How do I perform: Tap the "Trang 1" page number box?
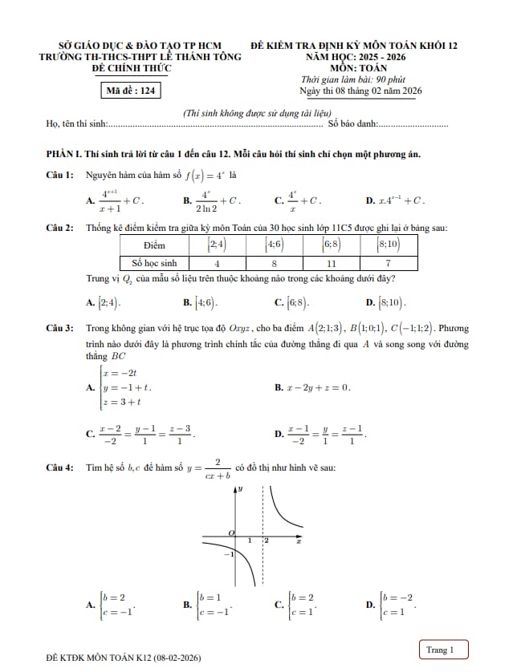pos(440,649)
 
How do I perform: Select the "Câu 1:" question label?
pos(60,174)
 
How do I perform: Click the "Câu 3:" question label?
pos(60,329)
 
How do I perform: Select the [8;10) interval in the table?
pos(389,245)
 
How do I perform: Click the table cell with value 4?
pos(218,263)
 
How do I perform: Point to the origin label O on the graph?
pos(231,532)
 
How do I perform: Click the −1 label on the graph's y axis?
pos(229,554)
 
